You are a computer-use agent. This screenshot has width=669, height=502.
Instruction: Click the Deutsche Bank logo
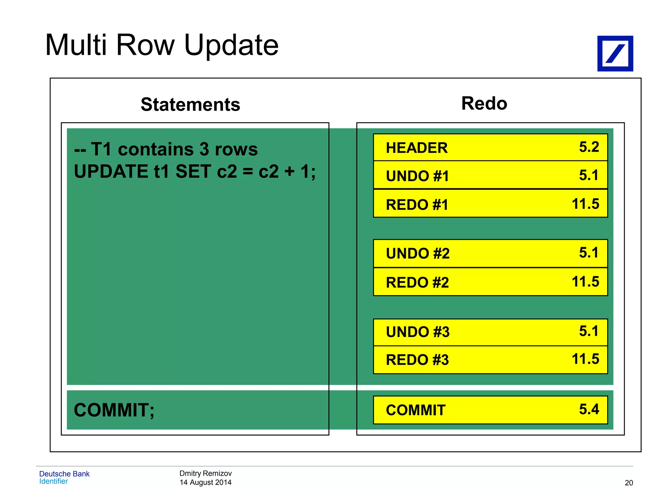615,54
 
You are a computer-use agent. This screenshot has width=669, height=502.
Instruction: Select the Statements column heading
190,105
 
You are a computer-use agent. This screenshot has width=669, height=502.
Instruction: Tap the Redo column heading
484,104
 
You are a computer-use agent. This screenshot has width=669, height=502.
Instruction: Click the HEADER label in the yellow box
416,148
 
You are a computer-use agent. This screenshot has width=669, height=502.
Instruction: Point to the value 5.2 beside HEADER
589,147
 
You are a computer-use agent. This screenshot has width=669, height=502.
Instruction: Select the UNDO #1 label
417,176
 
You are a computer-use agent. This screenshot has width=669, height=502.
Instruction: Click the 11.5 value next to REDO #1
585,204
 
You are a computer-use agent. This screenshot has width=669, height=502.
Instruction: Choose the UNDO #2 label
417,254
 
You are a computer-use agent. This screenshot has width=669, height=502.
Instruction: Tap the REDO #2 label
417,282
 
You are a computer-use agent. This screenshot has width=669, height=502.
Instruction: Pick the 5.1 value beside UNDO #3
589,331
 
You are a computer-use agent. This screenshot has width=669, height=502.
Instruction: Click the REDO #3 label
417,360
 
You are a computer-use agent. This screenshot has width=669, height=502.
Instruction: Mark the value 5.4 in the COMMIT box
589,409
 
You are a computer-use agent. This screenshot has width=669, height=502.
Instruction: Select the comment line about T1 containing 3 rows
166,149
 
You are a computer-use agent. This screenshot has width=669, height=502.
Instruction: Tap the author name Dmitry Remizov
205,473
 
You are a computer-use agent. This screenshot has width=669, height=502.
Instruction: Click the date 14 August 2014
205,482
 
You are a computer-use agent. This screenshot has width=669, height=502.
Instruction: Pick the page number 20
628,483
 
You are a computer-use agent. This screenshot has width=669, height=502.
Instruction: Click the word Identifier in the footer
53,481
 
